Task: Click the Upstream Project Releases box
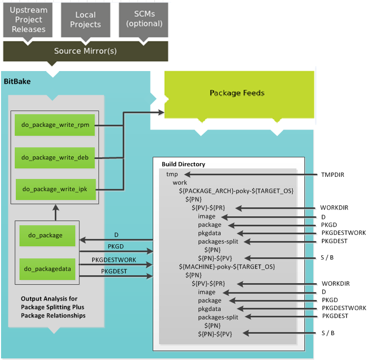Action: tap(28, 20)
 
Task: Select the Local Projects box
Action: tap(85, 20)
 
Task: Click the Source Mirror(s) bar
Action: tap(85, 51)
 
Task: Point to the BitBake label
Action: tap(17, 82)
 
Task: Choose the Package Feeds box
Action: tap(237, 93)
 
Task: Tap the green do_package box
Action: tap(48, 235)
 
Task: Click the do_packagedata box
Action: tap(48, 268)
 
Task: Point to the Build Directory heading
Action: tap(183, 164)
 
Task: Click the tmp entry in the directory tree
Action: tap(172, 174)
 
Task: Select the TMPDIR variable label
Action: tap(332, 174)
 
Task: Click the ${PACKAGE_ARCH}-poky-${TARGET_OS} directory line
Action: tap(236, 191)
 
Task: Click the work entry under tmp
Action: tap(180, 183)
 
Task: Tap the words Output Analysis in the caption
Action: tap(43, 298)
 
